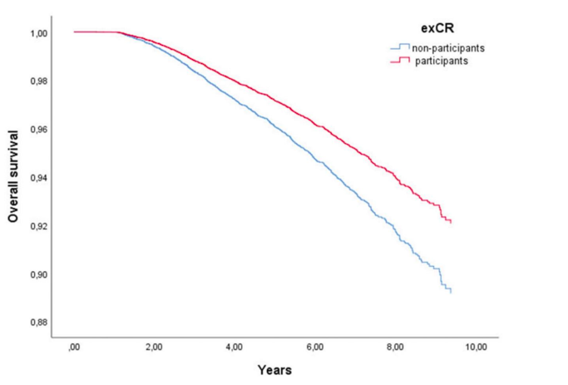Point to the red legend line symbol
click(x=402, y=61)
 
